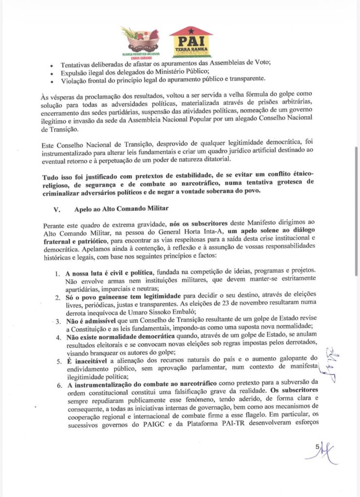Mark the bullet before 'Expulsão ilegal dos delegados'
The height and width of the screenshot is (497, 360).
[x=52, y=72]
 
